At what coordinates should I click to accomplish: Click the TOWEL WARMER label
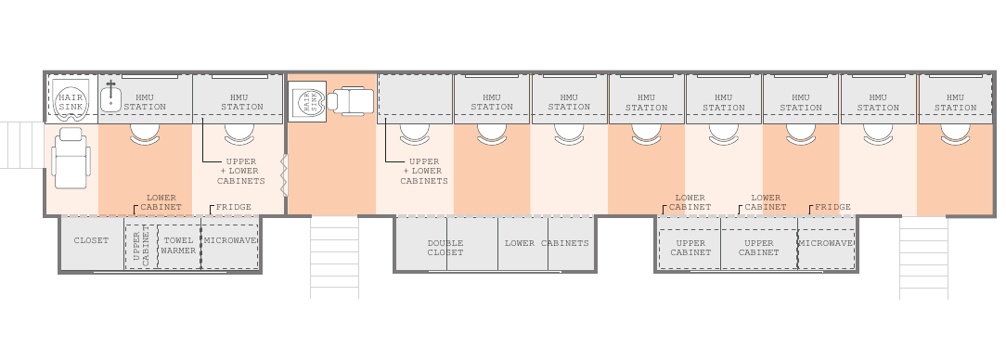(x=178, y=246)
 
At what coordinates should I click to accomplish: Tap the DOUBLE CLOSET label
(x=445, y=248)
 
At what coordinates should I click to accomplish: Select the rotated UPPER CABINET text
(x=141, y=246)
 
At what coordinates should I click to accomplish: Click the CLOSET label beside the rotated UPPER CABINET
(x=91, y=240)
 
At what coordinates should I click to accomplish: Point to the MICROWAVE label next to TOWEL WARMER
(x=230, y=240)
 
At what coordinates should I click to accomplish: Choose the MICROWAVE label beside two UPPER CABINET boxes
(x=826, y=243)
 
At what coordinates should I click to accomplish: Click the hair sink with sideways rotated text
(x=307, y=101)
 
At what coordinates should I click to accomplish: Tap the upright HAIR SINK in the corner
(x=70, y=101)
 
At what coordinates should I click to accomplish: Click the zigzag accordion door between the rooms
(x=285, y=174)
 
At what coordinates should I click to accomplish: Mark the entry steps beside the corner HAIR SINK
(x=22, y=145)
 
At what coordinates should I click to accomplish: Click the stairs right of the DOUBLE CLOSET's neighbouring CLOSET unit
(x=334, y=257)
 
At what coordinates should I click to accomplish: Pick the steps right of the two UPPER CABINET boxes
(x=924, y=258)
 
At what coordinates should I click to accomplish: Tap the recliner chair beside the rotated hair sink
(x=350, y=101)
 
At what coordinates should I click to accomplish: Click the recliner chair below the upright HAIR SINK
(x=71, y=158)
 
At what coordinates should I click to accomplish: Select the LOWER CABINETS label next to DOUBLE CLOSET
(x=547, y=243)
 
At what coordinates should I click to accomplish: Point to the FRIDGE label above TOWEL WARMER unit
(x=234, y=207)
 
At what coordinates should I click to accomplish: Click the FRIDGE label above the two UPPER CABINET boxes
(x=832, y=207)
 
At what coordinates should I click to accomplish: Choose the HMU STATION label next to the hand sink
(x=145, y=102)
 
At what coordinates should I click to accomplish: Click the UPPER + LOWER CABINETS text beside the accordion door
(x=241, y=172)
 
